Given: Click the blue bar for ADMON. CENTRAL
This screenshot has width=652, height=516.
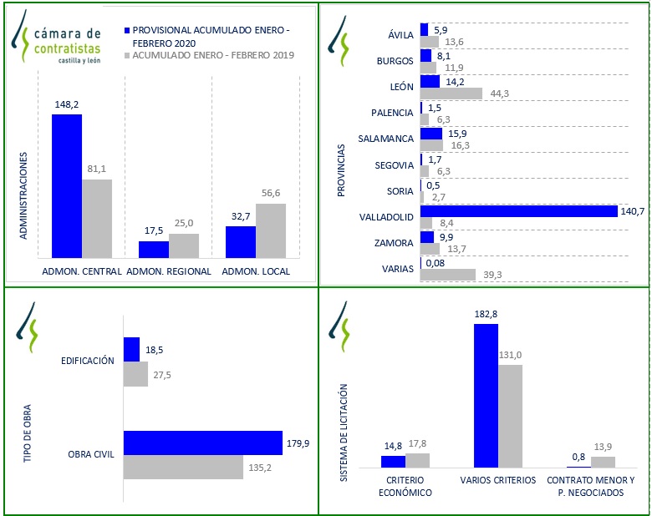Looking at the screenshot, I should (67, 185).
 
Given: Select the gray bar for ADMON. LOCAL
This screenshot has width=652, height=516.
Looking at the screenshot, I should (271, 230).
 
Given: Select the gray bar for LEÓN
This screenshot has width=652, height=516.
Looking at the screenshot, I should (451, 94).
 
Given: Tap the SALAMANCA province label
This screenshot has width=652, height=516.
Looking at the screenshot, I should (385, 139).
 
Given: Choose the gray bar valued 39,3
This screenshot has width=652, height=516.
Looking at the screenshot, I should (447, 274).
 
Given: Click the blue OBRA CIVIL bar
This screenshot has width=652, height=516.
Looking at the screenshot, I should (202, 443).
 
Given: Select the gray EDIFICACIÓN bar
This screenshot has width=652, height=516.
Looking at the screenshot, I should (135, 374).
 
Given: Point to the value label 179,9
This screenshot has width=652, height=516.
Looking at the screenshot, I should (298, 443).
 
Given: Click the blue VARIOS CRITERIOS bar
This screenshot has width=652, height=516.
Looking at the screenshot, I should (486, 395).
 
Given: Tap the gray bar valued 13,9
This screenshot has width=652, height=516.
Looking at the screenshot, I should (603, 462).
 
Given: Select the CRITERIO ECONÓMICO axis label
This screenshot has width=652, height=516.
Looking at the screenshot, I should (405, 486).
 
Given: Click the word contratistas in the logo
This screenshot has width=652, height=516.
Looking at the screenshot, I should (67, 48).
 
